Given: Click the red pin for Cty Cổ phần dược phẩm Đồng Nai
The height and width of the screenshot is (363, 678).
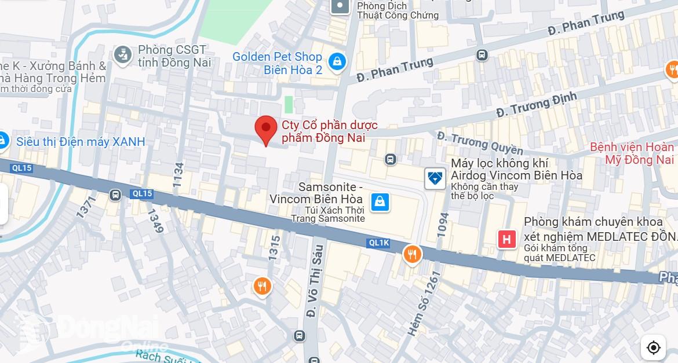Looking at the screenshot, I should pos(266,129).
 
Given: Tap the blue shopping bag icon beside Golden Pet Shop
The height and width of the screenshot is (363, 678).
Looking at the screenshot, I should pos(336,61).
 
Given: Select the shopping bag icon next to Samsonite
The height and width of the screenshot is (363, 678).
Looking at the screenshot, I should pos(380,202).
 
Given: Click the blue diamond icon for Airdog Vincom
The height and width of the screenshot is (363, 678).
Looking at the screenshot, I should pos(435,178).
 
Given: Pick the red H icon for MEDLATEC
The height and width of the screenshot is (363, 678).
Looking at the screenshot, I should pos(507,239).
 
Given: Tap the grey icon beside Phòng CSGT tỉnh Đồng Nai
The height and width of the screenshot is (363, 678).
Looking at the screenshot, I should pos(122,55).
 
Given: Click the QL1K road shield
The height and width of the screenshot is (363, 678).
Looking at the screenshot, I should pos(379,243).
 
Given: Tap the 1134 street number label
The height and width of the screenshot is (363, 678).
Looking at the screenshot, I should pos(178,174).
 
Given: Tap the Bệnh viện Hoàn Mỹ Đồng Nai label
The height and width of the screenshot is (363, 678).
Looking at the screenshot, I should pos(632,153).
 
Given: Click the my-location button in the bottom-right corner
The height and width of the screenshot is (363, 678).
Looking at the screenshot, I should pos(654,347).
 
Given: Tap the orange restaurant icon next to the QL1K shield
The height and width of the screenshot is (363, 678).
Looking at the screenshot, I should pos(412,254).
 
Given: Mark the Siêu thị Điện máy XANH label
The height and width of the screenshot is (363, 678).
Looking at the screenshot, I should pos(81,142).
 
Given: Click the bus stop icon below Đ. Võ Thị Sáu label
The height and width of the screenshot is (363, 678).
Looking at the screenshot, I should pos(299,335).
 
